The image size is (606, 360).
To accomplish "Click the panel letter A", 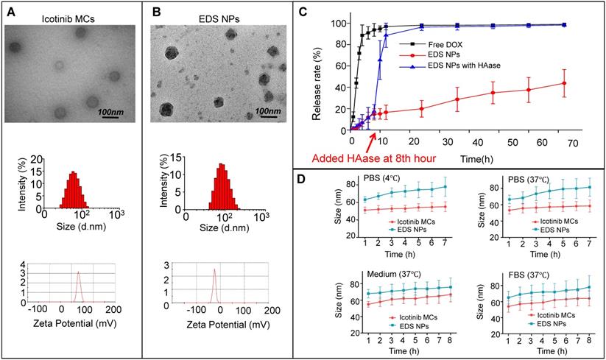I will (x=10, y=10).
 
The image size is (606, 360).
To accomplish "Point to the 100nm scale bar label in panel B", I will (x=268, y=111).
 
